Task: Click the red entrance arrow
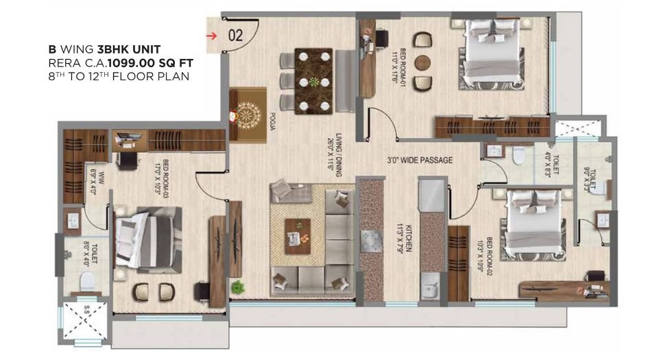(x=214, y=36)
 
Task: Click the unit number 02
(x=235, y=36)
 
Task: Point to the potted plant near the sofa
(x=238, y=286)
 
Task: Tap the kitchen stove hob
(x=370, y=239)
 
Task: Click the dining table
(x=313, y=80)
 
